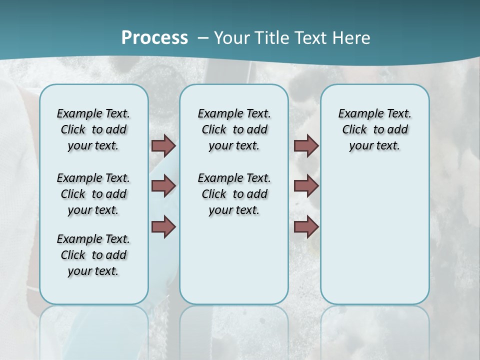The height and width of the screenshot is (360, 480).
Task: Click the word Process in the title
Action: [154, 38]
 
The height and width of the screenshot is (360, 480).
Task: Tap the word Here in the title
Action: [349, 38]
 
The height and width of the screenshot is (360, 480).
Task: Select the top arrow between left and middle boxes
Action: [163, 146]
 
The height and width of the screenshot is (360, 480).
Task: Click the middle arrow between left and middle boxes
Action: [163, 186]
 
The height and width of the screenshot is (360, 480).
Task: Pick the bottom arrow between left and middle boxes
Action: [163, 226]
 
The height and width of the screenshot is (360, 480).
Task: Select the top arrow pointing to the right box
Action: [306, 146]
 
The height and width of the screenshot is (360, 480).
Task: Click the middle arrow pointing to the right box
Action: [306, 186]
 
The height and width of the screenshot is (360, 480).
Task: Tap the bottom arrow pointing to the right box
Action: [306, 226]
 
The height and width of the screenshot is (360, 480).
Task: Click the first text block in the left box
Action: [93, 129]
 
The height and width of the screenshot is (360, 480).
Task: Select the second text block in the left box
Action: [93, 194]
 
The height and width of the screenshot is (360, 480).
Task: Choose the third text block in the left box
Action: [93, 255]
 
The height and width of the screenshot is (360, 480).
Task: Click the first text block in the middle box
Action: [234, 129]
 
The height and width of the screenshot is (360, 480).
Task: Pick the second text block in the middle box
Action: [234, 194]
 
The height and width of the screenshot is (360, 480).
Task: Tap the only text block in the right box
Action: [374, 129]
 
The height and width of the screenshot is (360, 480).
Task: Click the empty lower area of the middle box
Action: [234, 260]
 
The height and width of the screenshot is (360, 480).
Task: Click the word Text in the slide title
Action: [308, 38]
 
